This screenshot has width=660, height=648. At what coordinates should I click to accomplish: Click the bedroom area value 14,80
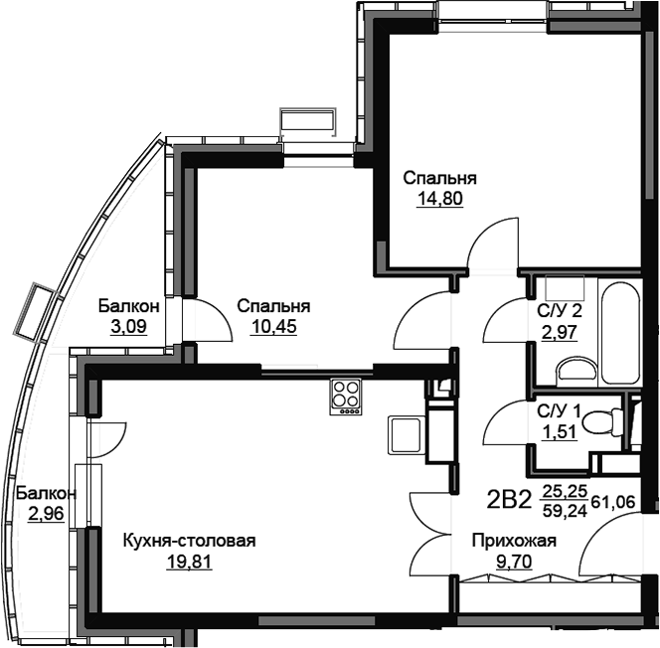pyautogui.click(x=440, y=199)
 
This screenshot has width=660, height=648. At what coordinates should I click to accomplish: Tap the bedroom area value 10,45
pyautogui.click(x=273, y=327)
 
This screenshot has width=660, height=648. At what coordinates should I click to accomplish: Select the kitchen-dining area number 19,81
pyautogui.click(x=190, y=562)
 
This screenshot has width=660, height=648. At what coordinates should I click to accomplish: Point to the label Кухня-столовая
pyautogui.click(x=190, y=541)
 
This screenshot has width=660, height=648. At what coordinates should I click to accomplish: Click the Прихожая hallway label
pyautogui.click(x=514, y=541)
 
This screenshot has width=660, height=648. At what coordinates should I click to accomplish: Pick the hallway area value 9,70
pyautogui.click(x=514, y=562)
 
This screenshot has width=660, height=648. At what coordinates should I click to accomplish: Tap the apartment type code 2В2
pyautogui.click(x=509, y=500)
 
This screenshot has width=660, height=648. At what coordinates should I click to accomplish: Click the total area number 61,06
pyautogui.click(x=613, y=502)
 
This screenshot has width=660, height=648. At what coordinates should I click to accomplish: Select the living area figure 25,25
pyautogui.click(x=565, y=491)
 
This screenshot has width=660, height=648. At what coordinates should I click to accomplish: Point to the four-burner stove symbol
pyautogui.click(x=346, y=397)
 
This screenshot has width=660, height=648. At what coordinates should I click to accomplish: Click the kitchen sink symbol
pyautogui.click(x=405, y=434)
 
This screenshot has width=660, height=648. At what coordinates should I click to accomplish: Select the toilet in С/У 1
pyautogui.click(x=603, y=422)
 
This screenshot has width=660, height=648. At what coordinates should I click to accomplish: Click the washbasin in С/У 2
pyautogui.click(x=576, y=372)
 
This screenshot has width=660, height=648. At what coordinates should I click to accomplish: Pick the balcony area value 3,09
pyautogui.click(x=128, y=327)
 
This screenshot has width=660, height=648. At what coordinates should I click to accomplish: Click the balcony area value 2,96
pyautogui.click(x=46, y=514)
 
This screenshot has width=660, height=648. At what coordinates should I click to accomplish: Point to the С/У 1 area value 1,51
pyautogui.click(x=559, y=431)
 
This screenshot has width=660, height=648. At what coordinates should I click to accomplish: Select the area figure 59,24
pyautogui.click(x=565, y=511)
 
